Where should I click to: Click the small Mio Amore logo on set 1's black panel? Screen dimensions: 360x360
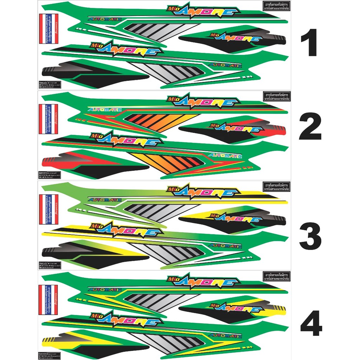236,38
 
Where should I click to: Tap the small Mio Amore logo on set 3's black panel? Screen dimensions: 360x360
236,218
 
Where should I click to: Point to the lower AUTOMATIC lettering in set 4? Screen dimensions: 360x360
225,335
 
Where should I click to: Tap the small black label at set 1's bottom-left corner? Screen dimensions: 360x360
49,84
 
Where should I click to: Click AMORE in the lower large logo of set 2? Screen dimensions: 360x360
130,142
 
